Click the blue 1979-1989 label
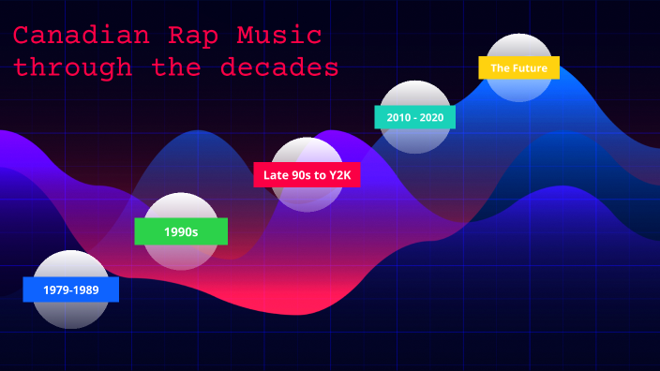pos(71,289)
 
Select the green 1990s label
pos(181,231)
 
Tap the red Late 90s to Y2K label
pos(307,174)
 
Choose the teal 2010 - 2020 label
pos(414,117)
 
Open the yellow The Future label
pos(518,67)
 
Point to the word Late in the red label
pos(277,174)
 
